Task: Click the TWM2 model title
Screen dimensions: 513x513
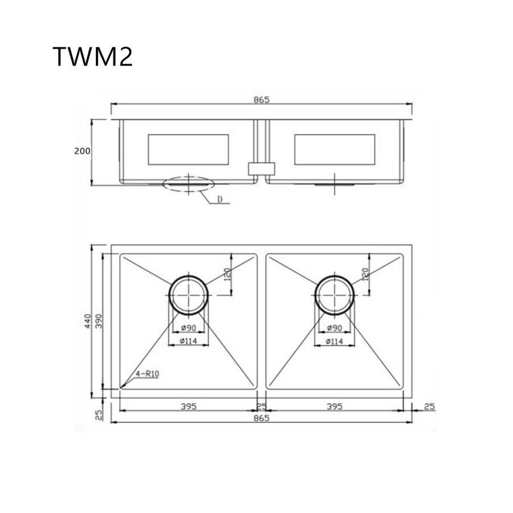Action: click(x=92, y=57)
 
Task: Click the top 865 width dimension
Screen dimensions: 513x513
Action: click(x=261, y=99)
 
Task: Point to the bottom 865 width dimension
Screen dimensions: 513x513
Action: click(x=261, y=417)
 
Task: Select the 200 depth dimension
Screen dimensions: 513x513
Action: click(x=82, y=151)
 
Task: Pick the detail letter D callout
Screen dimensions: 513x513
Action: click(x=219, y=200)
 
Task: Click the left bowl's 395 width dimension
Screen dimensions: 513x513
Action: click(x=189, y=406)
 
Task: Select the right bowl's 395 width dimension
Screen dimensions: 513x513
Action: click(x=335, y=406)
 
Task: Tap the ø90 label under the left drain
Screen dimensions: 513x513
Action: click(x=189, y=328)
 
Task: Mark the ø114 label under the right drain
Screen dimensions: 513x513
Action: click(x=334, y=341)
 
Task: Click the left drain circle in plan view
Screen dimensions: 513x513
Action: click(x=189, y=295)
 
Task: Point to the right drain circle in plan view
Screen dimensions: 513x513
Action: click(x=335, y=295)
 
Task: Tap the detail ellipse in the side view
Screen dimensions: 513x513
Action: click(x=189, y=183)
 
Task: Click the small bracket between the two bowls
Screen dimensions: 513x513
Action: click(x=262, y=168)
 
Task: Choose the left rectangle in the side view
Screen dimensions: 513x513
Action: click(x=188, y=149)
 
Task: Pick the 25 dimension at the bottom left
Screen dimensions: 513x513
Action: click(x=99, y=414)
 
